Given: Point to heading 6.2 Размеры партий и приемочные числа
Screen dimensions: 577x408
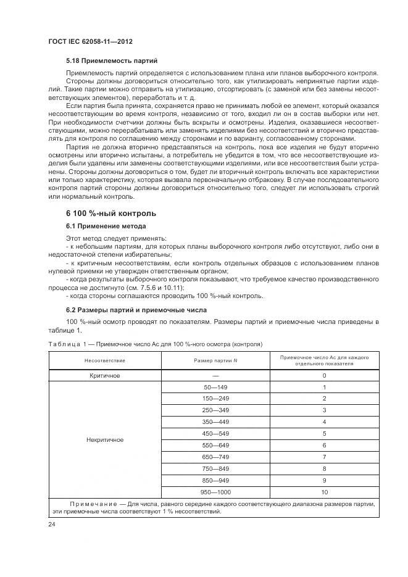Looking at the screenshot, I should tap(136, 310).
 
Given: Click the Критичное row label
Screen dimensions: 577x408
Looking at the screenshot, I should tap(105, 375).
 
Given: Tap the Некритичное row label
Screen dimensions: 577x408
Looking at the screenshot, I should tap(105, 439).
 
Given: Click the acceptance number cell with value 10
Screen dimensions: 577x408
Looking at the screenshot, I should tap(324, 492).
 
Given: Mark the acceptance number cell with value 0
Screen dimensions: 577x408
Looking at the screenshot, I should tap(324, 375).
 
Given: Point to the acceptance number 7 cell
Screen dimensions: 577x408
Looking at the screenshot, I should tap(324, 457).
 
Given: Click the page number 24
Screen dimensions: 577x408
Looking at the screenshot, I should tap(51, 525).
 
